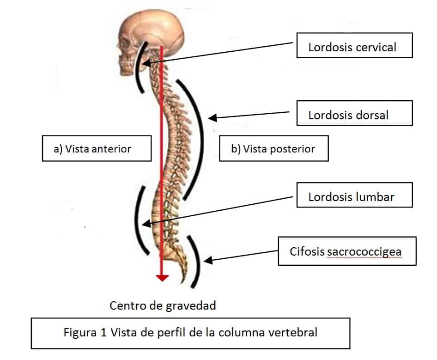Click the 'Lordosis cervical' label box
tap(354, 45)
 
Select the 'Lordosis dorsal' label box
tap(354, 113)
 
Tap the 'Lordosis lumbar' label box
tap(354, 195)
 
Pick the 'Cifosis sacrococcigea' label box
tap(347, 251)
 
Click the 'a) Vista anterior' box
tap(97, 148)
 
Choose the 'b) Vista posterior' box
tap(274, 148)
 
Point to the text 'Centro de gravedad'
tap(163, 305)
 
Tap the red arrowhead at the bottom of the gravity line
tap(162, 278)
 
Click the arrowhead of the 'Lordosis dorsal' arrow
tap(212, 118)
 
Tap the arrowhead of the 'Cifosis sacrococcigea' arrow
tap(208, 261)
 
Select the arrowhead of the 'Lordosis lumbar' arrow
tap(146, 224)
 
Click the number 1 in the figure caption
tap(103, 332)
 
